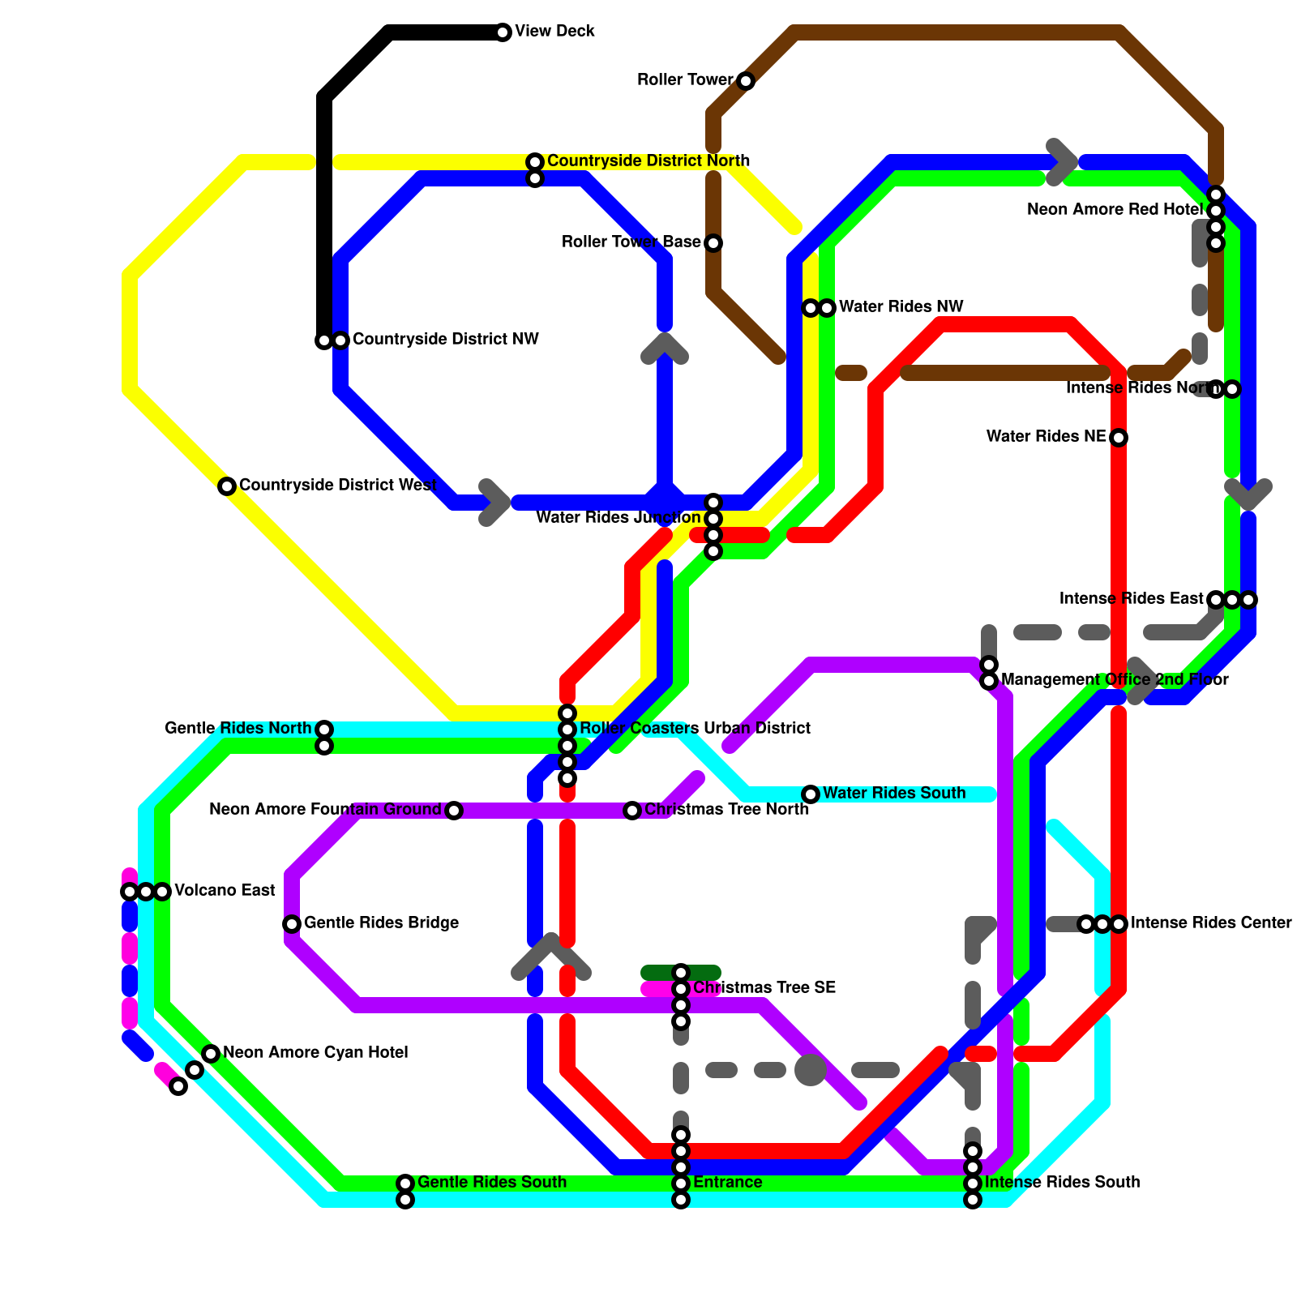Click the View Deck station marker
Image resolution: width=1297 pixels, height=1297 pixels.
pyautogui.click(x=503, y=32)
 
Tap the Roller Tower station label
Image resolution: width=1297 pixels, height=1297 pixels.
pyautogui.click(x=685, y=80)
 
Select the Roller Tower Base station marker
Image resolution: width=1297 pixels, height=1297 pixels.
pyautogui.click(x=713, y=243)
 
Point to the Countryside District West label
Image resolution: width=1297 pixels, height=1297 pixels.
pyautogui.click(x=338, y=486)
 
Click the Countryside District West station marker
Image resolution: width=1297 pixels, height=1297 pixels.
pyautogui.click(x=227, y=486)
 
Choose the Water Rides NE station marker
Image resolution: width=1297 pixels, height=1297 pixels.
pyautogui.click(x=1119, y=438)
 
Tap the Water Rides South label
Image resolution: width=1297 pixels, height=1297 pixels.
pyautogui.click(x=894, y=794)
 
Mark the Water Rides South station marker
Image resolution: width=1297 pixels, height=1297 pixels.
pyautogui.click(x=811, y=794)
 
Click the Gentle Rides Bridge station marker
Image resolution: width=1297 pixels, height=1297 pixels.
pyautogui.click(x=292, y=924)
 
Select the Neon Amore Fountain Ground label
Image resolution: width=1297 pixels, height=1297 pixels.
pyautogui.click(x=325, y=810)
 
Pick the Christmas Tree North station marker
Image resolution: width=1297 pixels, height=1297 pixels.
pyautogui.click(x=632, y=811)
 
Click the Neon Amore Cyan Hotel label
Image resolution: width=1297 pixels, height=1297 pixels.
pyautogui.click(x=315, y=1053)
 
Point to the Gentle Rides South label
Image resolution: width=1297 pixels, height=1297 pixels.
pyautogui.click(x=492, y=1183)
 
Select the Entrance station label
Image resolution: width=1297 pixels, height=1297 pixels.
pyautogui.click(x=727, y=1183)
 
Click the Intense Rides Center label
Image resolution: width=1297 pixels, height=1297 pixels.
pyautogui.click(x=1211, y=923)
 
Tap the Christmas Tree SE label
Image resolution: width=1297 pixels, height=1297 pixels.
pyautogui.click(x=764, y=988)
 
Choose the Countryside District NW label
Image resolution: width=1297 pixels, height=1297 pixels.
pyautogui.click(x=445, y=340)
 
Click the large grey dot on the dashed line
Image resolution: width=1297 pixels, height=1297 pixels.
pyautogui.click(x=811, y=1070)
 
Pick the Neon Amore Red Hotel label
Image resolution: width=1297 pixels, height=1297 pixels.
pyautogui.click(x=1115, y=210)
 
